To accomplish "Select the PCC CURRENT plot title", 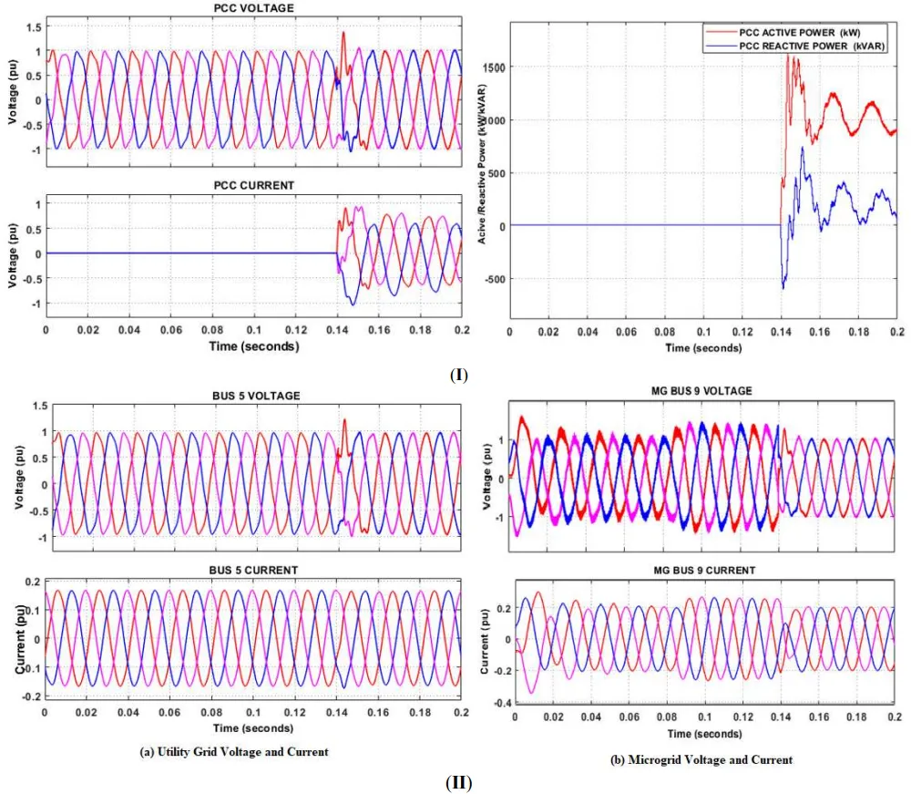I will click(x=253, y=185).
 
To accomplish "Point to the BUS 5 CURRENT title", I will click(x=252, y=570).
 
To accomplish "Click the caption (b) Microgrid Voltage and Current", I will click(x=702, y=759).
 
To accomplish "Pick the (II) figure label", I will click(x=458, y=782).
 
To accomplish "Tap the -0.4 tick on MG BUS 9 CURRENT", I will click(x=491, y=703).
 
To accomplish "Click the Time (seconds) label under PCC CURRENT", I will click(x=252, y=346).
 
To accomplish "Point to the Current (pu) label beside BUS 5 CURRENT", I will click(x=21, y=638).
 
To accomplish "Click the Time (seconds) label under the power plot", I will click(x=703, y=348).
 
